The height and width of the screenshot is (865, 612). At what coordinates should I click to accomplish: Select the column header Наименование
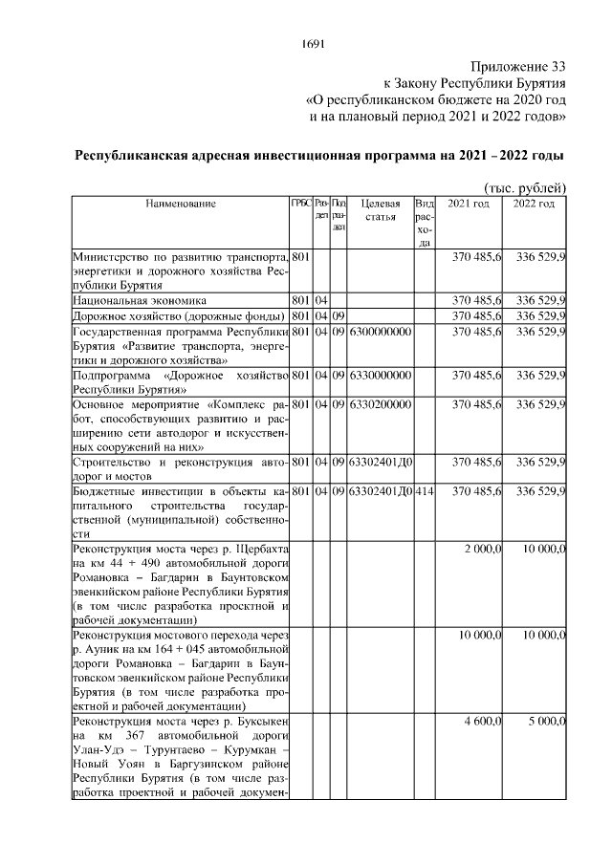(x=181, y=204)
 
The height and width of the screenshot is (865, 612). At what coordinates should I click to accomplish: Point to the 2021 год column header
(x=470, y=204)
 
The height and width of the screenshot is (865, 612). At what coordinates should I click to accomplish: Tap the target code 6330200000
(x=381, y=404)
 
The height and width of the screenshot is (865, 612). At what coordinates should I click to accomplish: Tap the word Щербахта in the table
(x=263, y=549)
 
